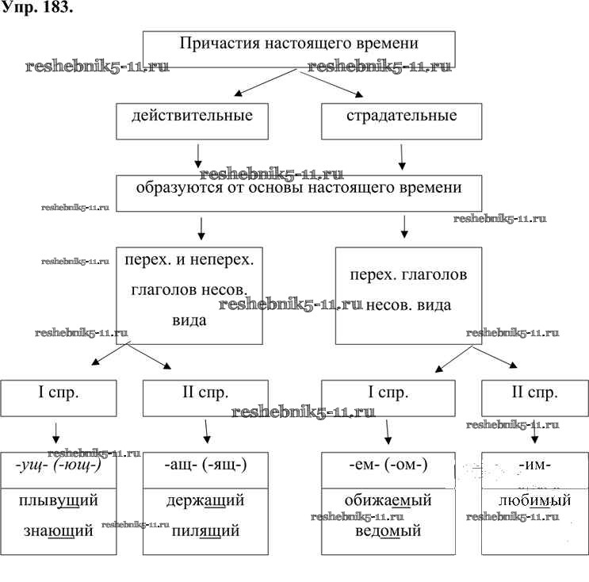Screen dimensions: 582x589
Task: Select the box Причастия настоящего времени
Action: (x=298, y=48)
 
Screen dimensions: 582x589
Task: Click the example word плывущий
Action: (x=59, y=501)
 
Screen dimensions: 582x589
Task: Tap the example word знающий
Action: (x=58, y=531)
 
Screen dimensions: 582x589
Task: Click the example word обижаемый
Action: (x=388, y=501)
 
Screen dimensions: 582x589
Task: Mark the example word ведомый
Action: (x=388, y=531)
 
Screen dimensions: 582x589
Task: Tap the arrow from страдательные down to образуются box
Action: (x=402, y=158)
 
